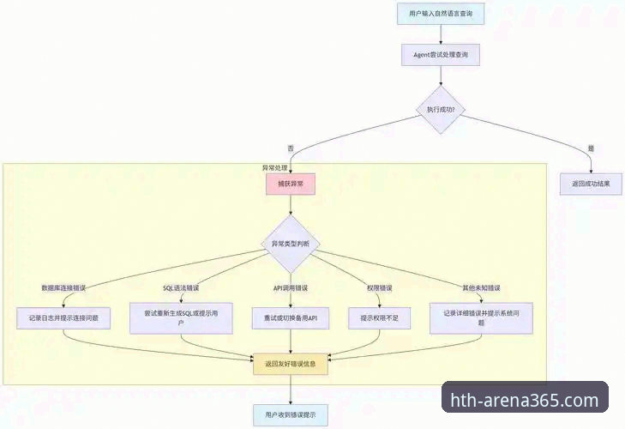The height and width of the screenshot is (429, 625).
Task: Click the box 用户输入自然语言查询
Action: [x=441, y=15]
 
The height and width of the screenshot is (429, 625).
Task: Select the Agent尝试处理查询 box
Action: [x=441, y=54]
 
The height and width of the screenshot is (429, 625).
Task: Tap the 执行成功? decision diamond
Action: [x=441, y=110]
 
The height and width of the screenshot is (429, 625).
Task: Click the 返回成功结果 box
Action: [x=591, y=184]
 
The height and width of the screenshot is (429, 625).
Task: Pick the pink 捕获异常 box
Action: [x=291, y=184]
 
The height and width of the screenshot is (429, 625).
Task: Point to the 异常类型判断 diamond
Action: [x=291, y=245]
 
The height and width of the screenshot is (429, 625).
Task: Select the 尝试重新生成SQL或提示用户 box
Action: [x=181, y=317]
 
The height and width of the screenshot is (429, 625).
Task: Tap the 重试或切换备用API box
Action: [x=291, y=317]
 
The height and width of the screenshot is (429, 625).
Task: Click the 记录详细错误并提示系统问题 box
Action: [x=486, y=317]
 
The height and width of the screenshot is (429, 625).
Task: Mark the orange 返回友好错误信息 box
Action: [x=291, y=364]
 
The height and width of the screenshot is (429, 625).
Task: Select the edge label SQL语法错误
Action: [x=181, y=287]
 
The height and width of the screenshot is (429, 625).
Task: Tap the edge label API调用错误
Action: [x=291, y=287]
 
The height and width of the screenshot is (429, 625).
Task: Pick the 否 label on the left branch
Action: [x=291, y=148]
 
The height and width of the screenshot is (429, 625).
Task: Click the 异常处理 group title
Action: [x=274, y=167]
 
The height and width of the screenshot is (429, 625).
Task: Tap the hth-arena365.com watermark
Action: [x=525, y=401]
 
